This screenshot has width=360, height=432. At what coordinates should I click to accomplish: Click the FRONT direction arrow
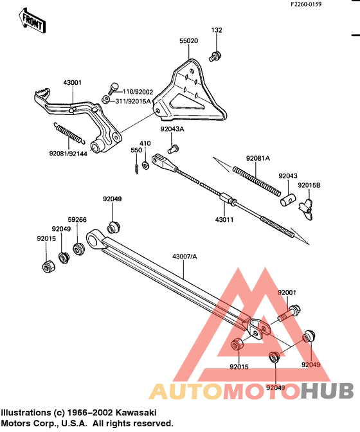(x=32, y=21)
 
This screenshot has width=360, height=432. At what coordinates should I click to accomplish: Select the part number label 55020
(x=188, y=40)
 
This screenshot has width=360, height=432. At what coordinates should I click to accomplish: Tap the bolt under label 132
(x=215, y=56)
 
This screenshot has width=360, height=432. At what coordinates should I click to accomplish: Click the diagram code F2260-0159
(x=307, y=4)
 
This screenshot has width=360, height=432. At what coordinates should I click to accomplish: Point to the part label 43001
(x=73, y=82)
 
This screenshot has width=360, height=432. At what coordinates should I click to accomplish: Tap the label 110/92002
(x=138, y=92)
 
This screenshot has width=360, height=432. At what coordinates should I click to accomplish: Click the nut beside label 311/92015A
(x=106, y=100)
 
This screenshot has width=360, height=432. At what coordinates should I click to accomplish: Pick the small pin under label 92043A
(x=173, y=149)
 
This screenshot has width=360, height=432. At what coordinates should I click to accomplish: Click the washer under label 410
(x=145, y=165)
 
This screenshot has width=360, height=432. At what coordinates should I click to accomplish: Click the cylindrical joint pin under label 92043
(x=288, y=199)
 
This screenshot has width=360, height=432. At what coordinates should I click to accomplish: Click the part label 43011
(x=224, y=220)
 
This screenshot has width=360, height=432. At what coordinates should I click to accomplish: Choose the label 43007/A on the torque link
(x=184, y=256)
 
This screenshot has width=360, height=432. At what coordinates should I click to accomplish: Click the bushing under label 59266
(x=79, y=249)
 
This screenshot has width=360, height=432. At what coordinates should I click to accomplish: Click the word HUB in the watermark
(x=327, y=391)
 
